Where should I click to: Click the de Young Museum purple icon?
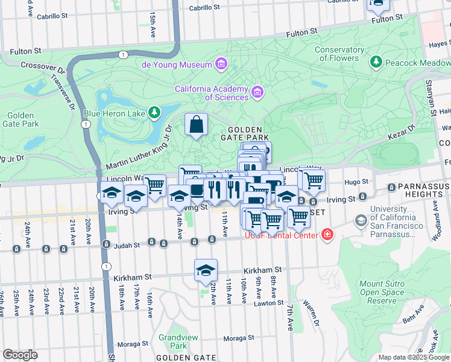[221, 64]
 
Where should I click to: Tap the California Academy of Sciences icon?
[257, 92]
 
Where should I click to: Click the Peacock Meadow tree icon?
[377, 62]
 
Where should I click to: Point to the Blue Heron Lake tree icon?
[155, 112]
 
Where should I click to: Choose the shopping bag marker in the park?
[196, 125]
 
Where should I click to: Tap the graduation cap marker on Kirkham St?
[206, 271]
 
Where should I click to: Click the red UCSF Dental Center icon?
[327, 235]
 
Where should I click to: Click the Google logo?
[20, 355]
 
